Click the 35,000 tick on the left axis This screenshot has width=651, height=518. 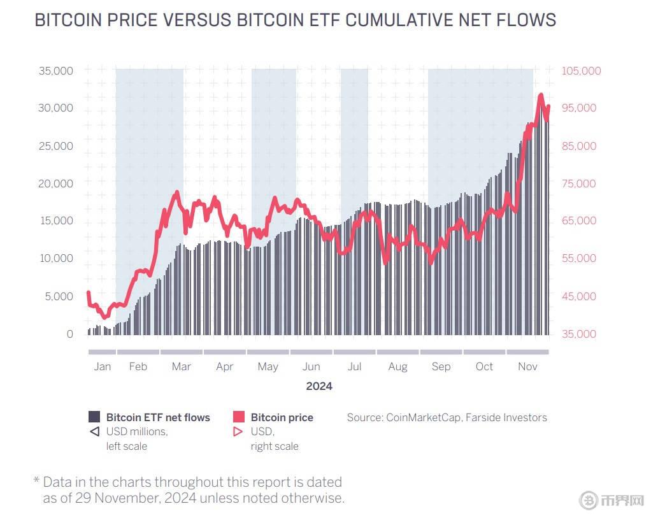(56, 71)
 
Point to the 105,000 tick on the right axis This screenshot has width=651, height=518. (581, 71)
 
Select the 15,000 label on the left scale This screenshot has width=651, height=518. (56, 221)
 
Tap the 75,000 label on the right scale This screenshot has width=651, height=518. (578, 183)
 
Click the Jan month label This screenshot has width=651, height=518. (102, 366)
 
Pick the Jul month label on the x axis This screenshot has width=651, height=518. (354, 366)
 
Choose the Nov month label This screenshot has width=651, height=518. (527, 366)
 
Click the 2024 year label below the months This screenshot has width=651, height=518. (318, 386)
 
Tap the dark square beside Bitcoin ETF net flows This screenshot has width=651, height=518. (94, 417)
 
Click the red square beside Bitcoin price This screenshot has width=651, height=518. (239, 417)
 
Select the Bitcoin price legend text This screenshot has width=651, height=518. (282, 418)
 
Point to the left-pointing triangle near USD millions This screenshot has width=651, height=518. (94, 432)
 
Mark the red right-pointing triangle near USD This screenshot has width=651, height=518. (239, 432)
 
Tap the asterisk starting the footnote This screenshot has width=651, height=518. (36, 482)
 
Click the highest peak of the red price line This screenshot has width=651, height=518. (541, 96)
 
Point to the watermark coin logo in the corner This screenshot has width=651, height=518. (589, 501)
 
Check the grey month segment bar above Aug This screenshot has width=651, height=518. (397, 352)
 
